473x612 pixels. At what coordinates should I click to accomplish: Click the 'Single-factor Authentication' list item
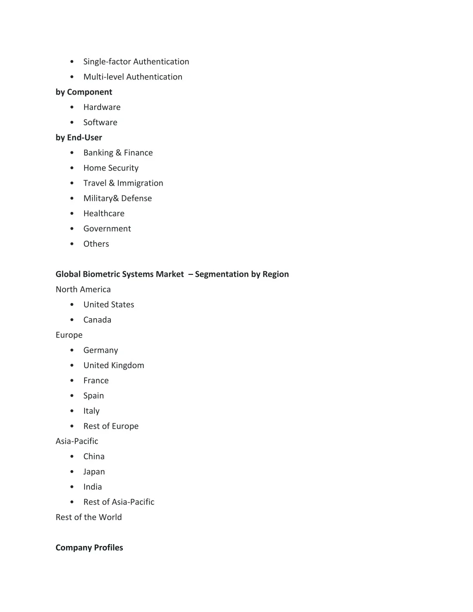pos(136,62)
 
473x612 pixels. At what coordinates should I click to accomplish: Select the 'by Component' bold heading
pos(84,92)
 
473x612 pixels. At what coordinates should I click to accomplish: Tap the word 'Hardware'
pos(102,107)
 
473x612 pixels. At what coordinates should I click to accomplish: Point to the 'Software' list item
pos(100,122)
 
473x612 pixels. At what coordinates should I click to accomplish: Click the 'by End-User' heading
pos(79,138)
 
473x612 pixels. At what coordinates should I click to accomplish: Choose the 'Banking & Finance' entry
pos(118,153)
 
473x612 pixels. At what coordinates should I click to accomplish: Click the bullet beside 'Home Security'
pos(72,168)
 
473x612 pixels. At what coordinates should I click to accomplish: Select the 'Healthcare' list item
pos(103,213)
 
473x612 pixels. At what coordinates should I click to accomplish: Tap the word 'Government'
pos(107,229)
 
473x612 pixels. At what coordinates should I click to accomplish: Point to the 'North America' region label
pos(83,290)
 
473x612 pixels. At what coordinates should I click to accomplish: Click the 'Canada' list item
pos(97,320)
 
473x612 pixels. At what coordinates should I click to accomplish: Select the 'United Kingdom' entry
pos(114,365)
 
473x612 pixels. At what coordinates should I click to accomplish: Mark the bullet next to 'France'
pos(72,381)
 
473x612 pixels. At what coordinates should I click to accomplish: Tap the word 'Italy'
pos(91,411)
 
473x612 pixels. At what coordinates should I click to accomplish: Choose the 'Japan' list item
pos(94,472)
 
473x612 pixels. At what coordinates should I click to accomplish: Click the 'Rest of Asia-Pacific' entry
pos(119,502)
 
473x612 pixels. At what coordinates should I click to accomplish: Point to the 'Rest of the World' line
pos(89,517)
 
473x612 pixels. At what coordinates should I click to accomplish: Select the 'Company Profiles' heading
pos(89,548)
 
